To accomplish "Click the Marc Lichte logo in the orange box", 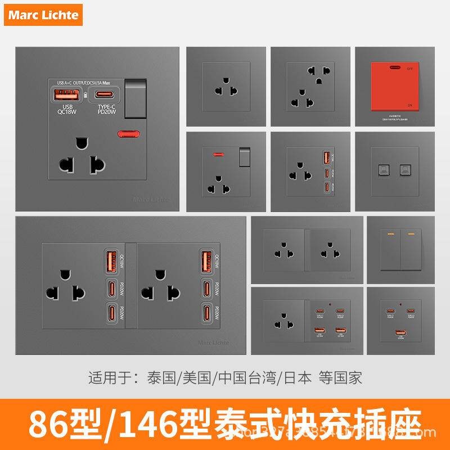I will tap(43, 15).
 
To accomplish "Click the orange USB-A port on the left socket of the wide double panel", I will tap(112, 260).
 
